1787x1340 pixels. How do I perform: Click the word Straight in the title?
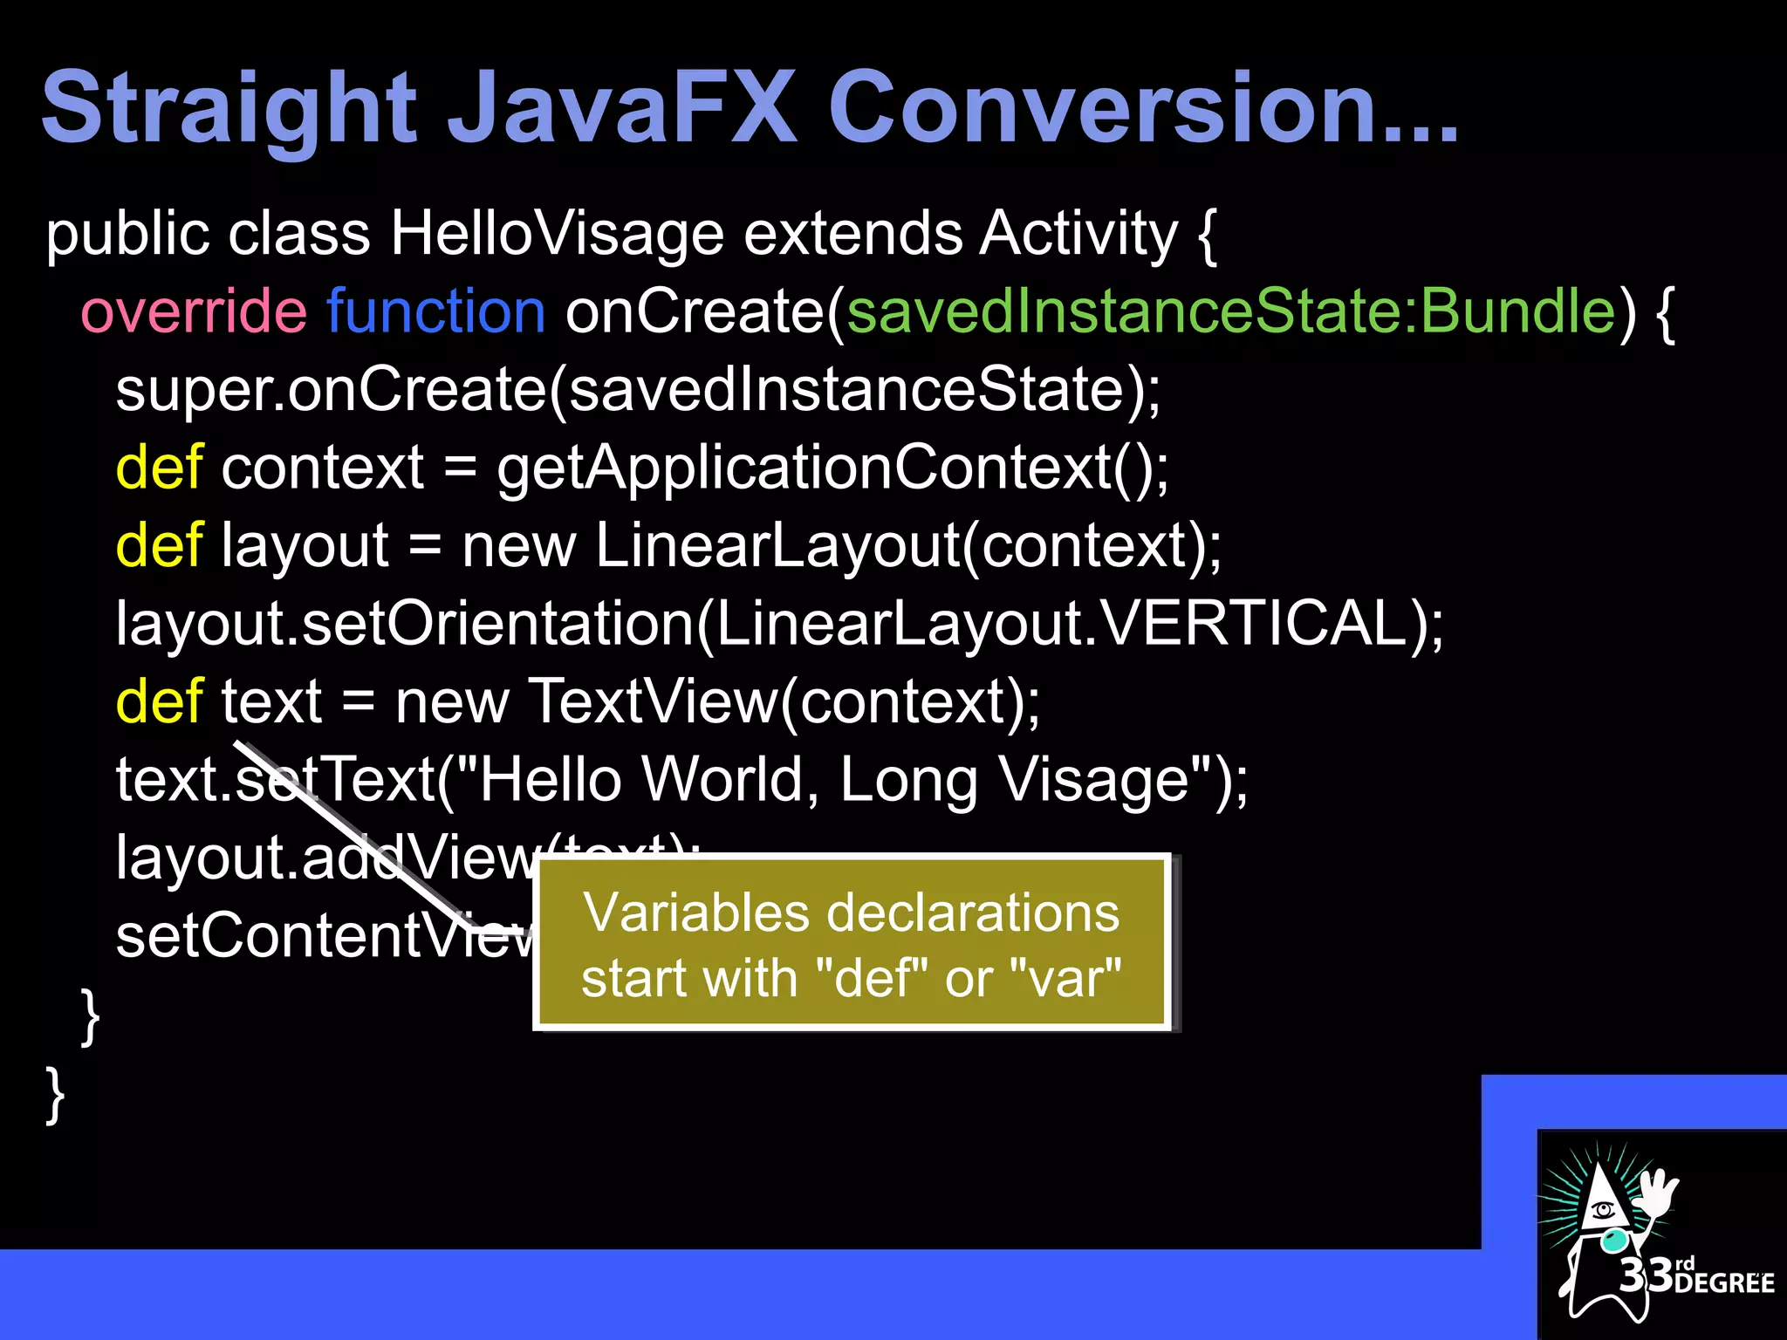229,109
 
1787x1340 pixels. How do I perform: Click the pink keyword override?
193,311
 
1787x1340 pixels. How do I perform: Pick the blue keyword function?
435,311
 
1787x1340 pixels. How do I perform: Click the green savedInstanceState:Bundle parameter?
1230,311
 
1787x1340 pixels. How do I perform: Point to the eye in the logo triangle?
1602,1210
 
